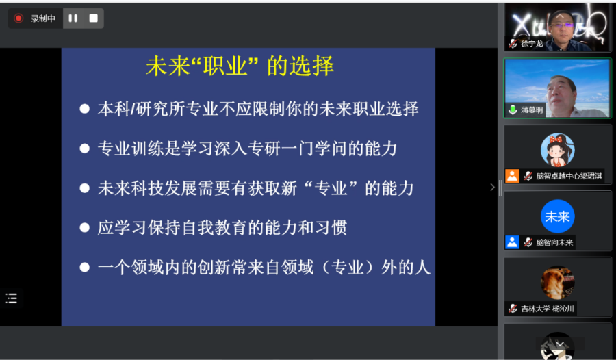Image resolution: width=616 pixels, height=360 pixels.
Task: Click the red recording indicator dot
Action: pos(18,18)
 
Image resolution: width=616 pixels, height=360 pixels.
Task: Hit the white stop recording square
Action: pos(94,18)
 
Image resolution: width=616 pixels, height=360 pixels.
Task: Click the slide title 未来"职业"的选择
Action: pos(240,66)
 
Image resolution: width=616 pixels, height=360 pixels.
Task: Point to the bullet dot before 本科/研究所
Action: pos(84,109)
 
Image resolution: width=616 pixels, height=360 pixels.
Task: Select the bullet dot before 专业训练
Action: pos(84,149)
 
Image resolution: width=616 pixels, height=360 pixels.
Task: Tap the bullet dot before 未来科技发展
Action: pos(84,188)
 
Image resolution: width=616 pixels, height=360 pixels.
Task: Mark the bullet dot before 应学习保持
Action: pos(84,227)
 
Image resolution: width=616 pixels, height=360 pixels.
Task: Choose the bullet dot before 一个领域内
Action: pos(84,268)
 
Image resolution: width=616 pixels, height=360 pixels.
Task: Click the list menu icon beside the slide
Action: pos(12,298)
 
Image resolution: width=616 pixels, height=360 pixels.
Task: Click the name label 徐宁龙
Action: pos(532,44)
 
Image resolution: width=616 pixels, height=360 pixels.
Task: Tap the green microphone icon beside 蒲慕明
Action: pos(512,110)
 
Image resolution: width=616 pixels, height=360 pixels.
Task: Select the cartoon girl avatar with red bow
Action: pos(557,150)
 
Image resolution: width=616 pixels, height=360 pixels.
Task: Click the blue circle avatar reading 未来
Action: pos(557,216)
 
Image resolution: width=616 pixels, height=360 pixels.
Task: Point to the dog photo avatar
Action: pos(557,283)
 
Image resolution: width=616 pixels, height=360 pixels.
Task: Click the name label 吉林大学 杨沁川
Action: pos(548,309)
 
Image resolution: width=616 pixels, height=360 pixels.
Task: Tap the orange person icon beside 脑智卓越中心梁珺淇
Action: pos(512,176)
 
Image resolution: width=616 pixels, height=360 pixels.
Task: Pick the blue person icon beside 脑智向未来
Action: pos(512,242)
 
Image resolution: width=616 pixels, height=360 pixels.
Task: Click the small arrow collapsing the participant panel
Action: pos(492,187)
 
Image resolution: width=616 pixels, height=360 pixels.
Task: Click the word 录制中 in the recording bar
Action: pos(43,18)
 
